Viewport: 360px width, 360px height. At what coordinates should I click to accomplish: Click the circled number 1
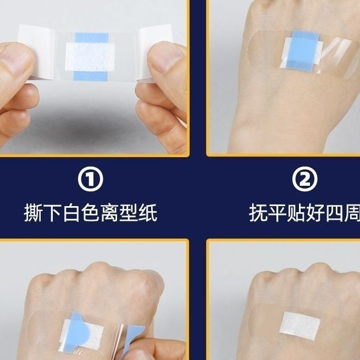(x=91, y=179)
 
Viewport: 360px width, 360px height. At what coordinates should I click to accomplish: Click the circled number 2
(x=305, y=179)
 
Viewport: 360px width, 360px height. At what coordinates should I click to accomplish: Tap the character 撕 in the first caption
(x=34, y=213)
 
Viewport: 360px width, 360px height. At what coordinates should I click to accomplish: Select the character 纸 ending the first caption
(x=148, y=213)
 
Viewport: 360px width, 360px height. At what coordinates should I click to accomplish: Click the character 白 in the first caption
(x=71, y=213)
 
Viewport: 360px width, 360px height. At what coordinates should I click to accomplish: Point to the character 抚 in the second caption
(x=258, y=213)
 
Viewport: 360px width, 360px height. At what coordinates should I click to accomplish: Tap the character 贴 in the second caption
(x=296, y=213)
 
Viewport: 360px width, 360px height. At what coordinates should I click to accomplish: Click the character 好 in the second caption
(x=315, y=213)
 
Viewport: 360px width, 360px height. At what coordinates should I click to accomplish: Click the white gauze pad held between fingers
(x=90, y=57)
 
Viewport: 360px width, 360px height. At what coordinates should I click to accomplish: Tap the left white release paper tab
(x=36, y=52)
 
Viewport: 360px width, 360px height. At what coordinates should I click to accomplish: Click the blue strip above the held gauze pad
(x=92, y=37)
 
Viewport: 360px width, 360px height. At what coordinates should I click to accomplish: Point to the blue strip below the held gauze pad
(x=90, y=76)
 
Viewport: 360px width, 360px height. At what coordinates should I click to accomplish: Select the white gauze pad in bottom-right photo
(x=300, y=325)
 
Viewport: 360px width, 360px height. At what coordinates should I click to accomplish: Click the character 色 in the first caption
(x=91, y=213)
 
